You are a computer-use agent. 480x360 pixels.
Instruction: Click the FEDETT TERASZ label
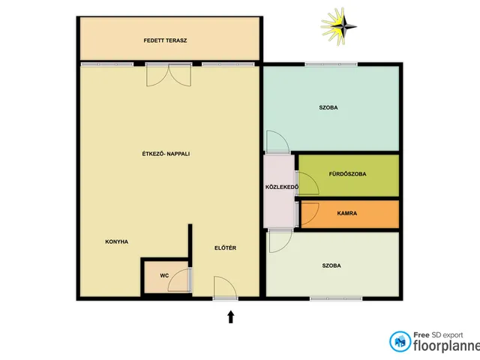(165, 40)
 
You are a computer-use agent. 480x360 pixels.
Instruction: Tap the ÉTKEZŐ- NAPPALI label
(166, 154)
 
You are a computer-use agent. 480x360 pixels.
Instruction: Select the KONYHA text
(117, 241)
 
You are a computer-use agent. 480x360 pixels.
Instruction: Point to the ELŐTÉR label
(225, 248)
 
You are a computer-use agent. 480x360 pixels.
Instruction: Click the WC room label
(164, 276)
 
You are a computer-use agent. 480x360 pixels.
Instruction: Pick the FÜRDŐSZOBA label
(347, 174)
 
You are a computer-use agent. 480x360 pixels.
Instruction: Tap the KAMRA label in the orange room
(346, 213)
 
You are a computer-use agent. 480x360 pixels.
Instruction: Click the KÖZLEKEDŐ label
(282, 187)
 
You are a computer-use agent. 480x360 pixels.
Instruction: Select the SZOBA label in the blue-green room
(328, 108)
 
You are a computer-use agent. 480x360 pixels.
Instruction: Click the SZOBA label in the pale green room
(331, 265)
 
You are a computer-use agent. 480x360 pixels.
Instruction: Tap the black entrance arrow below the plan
(231, 316)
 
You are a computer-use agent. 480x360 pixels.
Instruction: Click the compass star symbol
(339, 27)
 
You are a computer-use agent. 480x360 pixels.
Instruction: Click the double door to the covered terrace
(169, 74)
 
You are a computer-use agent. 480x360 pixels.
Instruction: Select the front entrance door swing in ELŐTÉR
(225, 288)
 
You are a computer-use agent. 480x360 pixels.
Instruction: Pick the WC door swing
(180, 280)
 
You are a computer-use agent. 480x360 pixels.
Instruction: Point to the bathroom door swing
(307, 183)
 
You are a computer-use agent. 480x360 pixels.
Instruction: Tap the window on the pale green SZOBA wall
(336, 298)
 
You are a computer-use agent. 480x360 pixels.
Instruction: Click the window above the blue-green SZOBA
(331, 64)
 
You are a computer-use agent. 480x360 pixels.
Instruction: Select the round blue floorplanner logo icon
(400, 341)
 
